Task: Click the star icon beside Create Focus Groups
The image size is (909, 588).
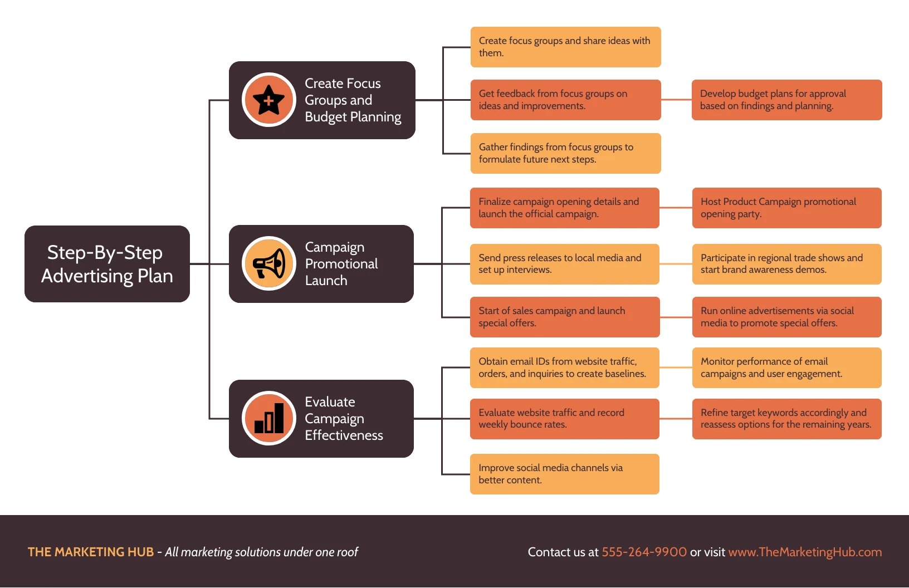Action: pyautogui.click(x=269, y=100)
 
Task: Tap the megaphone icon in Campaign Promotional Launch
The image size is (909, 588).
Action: pyautogui.click(x=269, y=264)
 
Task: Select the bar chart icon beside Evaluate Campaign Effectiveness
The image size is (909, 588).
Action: pyautogui.click(x=269, y=419)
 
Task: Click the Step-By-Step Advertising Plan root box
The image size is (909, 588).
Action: pyautogui.click(x=107, y=264)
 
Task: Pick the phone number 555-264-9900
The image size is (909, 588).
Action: pyautogui.click(x=644, y=552)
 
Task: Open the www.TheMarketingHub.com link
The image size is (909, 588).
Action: pyautogui.click(x=805, y=552)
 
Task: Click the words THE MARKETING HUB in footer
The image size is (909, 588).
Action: pyautogui.click(x=91, y=552)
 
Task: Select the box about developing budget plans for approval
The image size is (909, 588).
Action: pyautogui.click(x=786, y=100)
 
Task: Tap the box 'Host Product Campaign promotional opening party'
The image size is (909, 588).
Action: pyautogui.click(x=786, y=208)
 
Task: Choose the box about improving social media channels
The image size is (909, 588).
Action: pyautogui.click(x=564, y=474)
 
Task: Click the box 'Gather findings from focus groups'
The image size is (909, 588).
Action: pyautogui.click(x=565, y=153)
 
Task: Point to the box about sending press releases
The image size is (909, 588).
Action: pyautogui.click(x=564, y=264)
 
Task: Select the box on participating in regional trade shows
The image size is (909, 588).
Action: pyautogui.click(x=786, y=264)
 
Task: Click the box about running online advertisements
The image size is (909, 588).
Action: pyautogui.click(x=786, y=317)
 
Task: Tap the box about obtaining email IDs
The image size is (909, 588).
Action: pyautogui.click(x=564, y=367)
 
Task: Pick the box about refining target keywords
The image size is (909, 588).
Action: pyautogui.click(x=786, y=419)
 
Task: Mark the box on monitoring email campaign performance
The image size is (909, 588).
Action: pyautogui.click(x=786, y=367)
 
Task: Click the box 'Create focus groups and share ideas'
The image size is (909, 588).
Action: pyautogui.click(x=565, y=47)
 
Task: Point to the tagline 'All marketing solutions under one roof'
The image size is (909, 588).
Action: pyautogui.click(x=261, y=552)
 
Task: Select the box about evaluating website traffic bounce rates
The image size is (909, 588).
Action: pyautogui.click(x=564, y=419)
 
